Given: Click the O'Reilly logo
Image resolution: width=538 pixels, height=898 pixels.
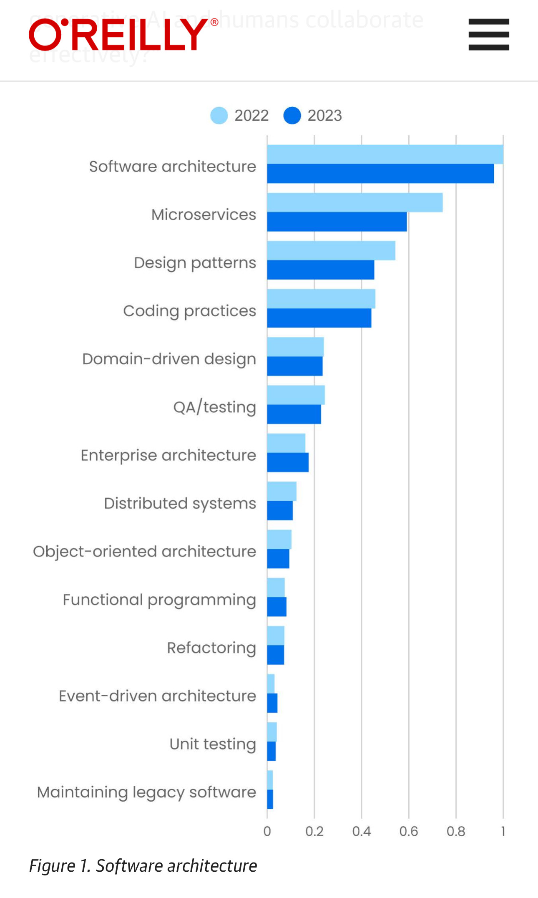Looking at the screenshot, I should (x=123, y=35).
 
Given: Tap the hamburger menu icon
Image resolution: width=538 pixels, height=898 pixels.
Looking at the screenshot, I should (x=488, y=35).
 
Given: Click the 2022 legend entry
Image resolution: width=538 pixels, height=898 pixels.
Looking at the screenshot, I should (x=240, y=116).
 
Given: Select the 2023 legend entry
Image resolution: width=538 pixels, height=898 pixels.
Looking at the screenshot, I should (x=313, y=116).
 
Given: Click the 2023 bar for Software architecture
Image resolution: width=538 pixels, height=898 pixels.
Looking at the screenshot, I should (x=380, y=174).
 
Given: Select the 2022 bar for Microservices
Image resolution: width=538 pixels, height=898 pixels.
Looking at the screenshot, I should (x=354, y=202).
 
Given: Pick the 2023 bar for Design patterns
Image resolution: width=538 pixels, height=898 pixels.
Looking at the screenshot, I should (x=320, y=270).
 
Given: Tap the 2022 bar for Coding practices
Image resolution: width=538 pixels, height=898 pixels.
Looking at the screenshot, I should (x=321, y=299).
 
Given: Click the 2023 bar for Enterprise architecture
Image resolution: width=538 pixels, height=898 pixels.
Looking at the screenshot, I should (x=288, y=462).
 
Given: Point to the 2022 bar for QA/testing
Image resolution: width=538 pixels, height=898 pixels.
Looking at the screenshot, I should (x=296, y=395).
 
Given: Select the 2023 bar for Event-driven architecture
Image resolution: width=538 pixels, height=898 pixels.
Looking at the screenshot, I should (x=272, y=703).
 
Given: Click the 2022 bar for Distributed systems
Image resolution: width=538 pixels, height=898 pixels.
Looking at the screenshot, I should (x=282, y=491).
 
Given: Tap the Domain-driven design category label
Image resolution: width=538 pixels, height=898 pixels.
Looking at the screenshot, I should (x=169, y=359).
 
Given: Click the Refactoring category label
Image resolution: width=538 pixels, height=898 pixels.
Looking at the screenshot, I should (x=211, y=648).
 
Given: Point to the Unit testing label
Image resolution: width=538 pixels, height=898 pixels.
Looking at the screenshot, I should (x=213, y=744).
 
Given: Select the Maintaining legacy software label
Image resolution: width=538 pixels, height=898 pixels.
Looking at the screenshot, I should (x=146, y=792).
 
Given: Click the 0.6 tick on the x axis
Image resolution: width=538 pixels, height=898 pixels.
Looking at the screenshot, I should (x=408, y=832).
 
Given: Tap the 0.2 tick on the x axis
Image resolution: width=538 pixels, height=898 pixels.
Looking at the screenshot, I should (x=314, y=832).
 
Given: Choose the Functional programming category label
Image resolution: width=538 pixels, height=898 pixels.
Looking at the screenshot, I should (x=159, y=600).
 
